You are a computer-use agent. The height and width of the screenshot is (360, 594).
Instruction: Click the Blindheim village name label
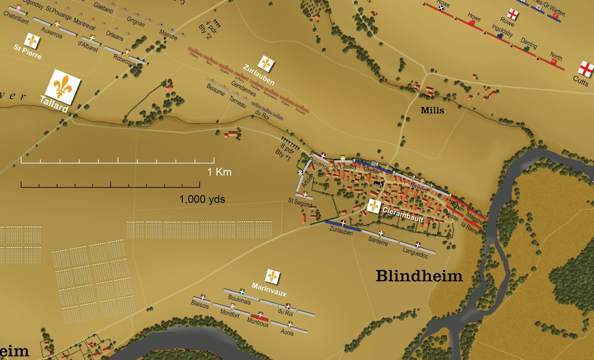(x=419, y=276)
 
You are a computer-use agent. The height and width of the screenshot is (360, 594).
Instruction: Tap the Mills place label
(x=432, y=110)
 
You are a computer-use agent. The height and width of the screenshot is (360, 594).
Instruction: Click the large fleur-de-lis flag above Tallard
(x=62, y=86)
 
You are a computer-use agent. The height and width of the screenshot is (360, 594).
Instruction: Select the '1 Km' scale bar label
(x=219, y=172)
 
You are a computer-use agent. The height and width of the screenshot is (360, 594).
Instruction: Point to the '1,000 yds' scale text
(x=202, y=199)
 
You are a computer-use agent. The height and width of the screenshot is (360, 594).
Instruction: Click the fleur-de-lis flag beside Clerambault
(x=373, y=206)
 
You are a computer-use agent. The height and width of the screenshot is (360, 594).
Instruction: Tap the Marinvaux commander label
(x=269, y=289)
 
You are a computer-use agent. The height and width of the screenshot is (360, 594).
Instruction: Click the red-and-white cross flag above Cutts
(x=585, y=69)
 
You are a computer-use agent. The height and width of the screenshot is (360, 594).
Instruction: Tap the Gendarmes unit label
(x=244, y=88)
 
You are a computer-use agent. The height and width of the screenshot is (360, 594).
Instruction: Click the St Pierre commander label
(x=27, y=52)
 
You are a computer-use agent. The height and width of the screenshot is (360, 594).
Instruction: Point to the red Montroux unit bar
(x=260, y=318)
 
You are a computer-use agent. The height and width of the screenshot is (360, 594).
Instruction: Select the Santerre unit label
(x=378, y=241)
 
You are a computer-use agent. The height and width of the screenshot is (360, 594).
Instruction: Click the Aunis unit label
(x=287, y=332)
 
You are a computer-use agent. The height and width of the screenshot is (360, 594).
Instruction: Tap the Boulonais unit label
(x=239, y=300)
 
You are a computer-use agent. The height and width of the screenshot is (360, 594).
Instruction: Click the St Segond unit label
(x=300, y=202)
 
